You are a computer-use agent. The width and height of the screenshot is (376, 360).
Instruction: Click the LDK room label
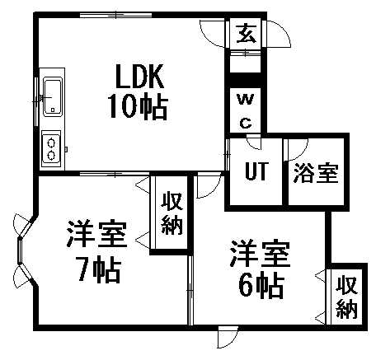click(139, 76)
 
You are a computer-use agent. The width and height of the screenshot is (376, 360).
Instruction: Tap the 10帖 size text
click(139, 106)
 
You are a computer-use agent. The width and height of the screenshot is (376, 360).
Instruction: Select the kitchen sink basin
click(53, 96)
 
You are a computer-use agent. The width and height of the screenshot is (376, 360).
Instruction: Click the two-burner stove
click(51, 149)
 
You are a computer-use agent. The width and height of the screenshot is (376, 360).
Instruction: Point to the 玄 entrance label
click(247, 33)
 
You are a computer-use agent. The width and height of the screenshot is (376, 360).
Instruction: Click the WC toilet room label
click(246, 111)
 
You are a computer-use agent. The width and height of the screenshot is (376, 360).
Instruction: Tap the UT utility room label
click(256, 171)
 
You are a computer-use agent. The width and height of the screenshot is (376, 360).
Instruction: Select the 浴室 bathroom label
click(316, 173)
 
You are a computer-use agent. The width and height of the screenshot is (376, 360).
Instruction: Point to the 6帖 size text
click(261, 285)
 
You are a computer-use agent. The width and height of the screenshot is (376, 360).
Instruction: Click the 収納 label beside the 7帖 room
click(172, 213)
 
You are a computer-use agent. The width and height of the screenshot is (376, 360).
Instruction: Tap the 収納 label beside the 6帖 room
click(346, 297)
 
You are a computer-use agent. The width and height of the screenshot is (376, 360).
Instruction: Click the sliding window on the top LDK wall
click(115, 15)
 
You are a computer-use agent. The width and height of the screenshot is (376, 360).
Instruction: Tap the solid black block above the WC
click(246, 80)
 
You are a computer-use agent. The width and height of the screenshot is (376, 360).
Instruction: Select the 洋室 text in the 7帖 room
click(96, 233)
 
